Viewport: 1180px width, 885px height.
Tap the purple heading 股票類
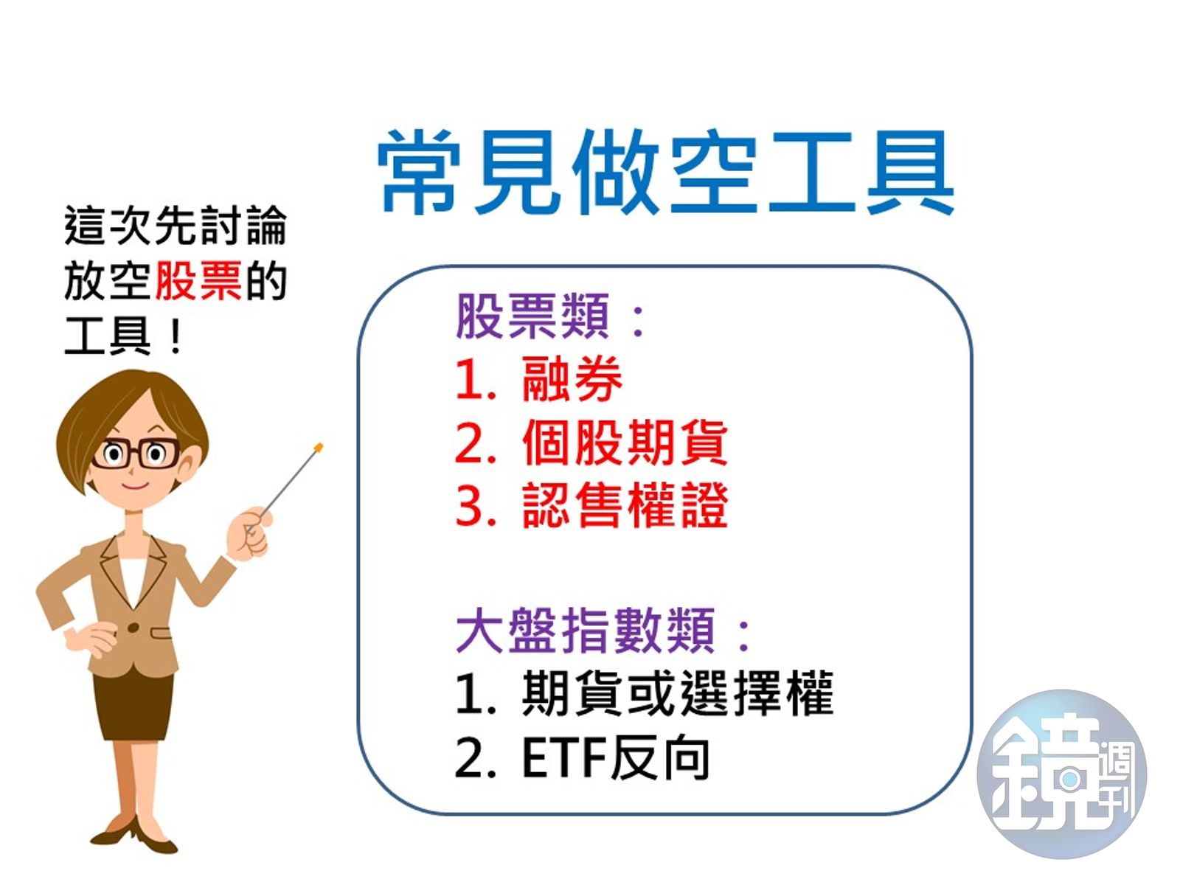pos(533,316)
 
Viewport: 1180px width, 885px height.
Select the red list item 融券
pos(572,379)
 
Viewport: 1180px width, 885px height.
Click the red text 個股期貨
pos(624,442)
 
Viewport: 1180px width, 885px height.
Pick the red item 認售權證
pos(624,506)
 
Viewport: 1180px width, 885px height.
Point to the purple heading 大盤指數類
pos(585,631)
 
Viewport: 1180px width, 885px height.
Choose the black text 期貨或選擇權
pos(677,694)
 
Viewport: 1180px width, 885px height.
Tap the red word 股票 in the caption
pos(198,281)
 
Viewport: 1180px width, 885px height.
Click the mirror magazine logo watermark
pos(1062,774)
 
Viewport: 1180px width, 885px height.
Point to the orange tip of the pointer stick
pos(319,447)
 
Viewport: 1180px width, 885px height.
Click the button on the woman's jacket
pos(133,628)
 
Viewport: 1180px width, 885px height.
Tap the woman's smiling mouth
pos(135,485)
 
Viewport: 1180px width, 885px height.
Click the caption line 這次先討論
pos(175,226)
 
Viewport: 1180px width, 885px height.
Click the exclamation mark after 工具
pos(175,338)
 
